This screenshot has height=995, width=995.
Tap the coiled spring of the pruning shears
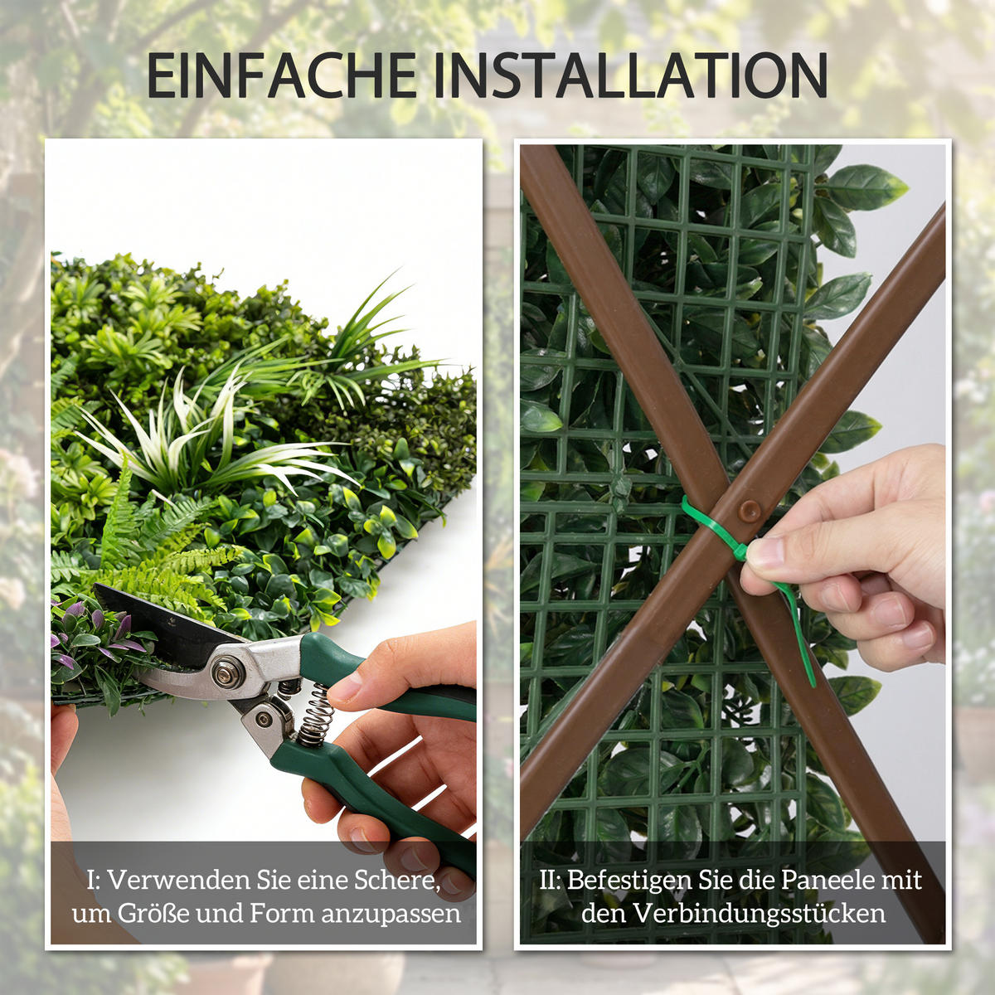tap(316, 714)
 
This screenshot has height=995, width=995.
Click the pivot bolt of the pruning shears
tap(226, 670)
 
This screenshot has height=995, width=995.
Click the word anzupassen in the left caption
tap(391, 914)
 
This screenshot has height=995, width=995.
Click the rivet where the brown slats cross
tap(750, 510)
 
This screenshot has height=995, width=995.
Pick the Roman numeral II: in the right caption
tap(551, 880)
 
